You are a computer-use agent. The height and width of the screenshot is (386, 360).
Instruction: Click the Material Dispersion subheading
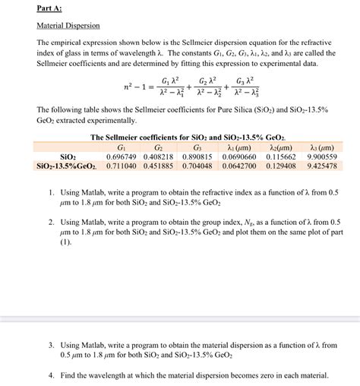pos(68,26)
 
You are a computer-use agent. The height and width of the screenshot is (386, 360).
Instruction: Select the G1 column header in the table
pos(121,147)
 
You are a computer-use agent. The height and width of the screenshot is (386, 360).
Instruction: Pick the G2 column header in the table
pos(159,147)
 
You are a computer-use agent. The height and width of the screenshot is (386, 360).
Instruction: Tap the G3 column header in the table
pos(197,147)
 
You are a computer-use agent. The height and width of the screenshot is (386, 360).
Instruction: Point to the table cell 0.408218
pos(159,156)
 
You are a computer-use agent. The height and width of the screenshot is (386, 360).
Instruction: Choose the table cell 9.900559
pos(322,156)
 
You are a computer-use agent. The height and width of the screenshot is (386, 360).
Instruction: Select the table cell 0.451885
pos(159,165)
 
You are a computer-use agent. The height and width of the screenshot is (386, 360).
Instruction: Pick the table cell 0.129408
pos(282,165)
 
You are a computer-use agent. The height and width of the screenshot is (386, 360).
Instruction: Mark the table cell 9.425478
pos(322,165)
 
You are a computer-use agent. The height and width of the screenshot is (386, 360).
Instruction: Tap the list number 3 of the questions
pos(50,345)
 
